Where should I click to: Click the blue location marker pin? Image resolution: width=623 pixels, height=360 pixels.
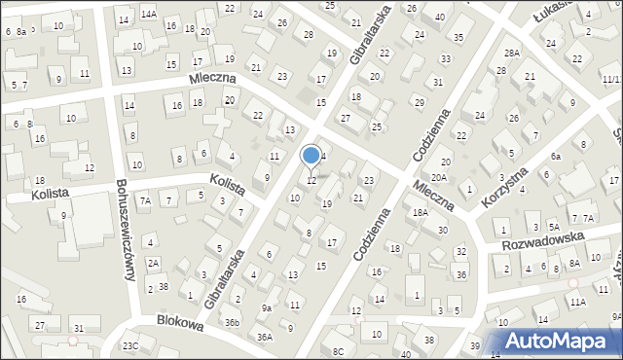(x=311, y=156)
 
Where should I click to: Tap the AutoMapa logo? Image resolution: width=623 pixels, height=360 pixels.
(x=561, y=340)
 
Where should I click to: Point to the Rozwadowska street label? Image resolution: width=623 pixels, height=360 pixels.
(x=543, y=239)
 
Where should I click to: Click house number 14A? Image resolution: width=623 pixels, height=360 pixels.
(x=148, y=15)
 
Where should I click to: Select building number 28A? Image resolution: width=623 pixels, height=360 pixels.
(x=511, y=53)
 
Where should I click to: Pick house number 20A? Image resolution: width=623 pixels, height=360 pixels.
(x=439, y=178)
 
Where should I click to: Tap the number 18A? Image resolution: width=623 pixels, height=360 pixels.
(x=421, y=213)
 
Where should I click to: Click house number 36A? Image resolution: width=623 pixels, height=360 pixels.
(x=264, y=337)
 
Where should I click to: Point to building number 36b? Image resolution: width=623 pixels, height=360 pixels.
(x=232, y=322)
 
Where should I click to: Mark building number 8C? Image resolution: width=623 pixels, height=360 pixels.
(x=339, y=351)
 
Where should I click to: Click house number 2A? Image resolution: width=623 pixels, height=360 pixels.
(x=153, y=264)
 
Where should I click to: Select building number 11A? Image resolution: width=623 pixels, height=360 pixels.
(x=578, y=303)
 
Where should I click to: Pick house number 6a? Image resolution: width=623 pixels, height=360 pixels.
(x=556, y=157)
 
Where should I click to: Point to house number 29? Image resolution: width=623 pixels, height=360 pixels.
(x=420, y=102)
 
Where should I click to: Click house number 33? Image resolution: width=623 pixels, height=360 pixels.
(x=445, y=59)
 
